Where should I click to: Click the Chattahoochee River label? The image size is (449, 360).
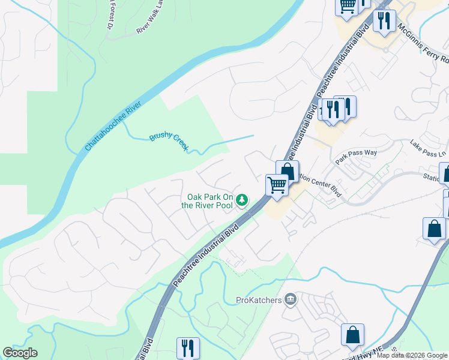(x=113, y=126)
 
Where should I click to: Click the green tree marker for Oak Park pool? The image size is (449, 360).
(x=242, y=199)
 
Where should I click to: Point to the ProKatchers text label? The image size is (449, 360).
(x=259, y=299)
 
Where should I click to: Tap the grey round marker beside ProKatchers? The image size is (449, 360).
(x=291, y=298)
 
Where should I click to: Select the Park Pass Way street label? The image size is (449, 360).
(x=356, y=153)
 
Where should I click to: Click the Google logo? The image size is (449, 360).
(x=20, y=353)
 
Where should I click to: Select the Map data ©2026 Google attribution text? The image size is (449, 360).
(x=412, y=355)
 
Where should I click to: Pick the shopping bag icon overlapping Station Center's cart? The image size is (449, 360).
(x=287, y=170)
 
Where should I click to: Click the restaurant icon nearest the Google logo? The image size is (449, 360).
(x=188, y=347)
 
